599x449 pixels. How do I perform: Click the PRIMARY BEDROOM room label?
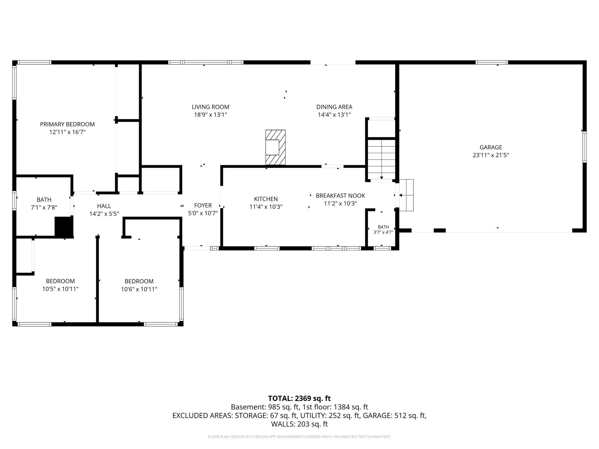67,124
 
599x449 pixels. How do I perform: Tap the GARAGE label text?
491,147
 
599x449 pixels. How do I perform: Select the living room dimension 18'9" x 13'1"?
211,115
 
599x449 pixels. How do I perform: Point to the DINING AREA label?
334,107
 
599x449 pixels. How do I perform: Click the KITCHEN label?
266,199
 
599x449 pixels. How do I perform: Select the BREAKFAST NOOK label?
340,196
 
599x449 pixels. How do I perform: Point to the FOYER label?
203,206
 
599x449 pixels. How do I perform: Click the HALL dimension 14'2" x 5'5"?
104,214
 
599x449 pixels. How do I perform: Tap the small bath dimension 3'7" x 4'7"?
383,232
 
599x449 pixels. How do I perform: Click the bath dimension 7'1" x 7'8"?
44,207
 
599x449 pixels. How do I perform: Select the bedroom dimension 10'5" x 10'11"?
60,289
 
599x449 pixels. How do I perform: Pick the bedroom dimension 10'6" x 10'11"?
139,289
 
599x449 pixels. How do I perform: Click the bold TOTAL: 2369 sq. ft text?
299,398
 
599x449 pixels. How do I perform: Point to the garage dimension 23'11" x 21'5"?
491,155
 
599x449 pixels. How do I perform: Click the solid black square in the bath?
64,227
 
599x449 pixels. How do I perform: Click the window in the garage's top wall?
492,62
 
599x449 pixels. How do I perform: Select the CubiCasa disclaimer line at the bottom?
299,437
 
